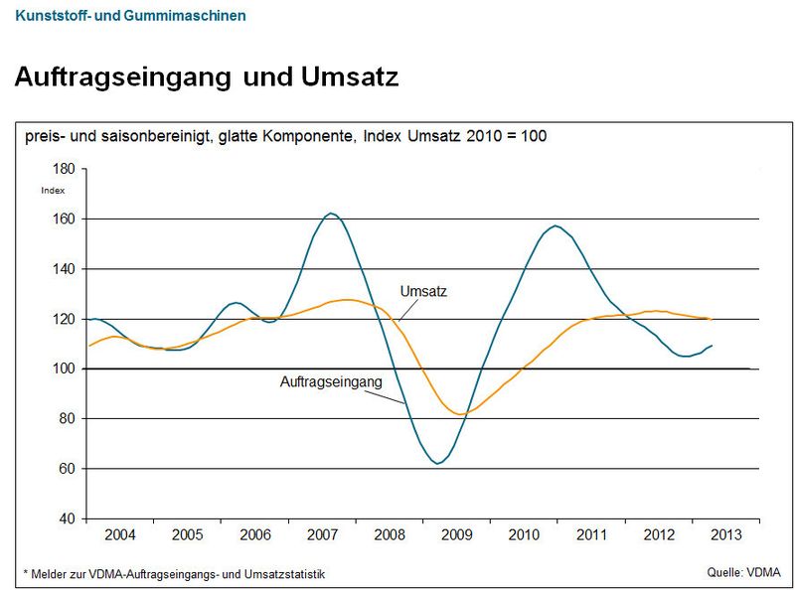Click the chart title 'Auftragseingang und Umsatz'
(207, 77)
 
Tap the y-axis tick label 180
(65, 170)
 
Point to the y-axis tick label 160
(65, 219)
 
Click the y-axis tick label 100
(65, 369)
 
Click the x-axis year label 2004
(120, 534)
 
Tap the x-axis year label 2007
(322, 534)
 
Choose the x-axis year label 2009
(456, 534)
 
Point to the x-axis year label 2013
(725, 534)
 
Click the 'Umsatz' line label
(423, 291)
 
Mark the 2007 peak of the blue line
(332, 213)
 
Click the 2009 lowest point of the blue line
(437, 464)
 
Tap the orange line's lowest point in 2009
(458, 413)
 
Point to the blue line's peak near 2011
(555, 225)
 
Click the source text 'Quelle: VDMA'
(743, 571)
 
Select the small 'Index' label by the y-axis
(53, 190)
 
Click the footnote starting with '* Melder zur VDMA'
(174, 574)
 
